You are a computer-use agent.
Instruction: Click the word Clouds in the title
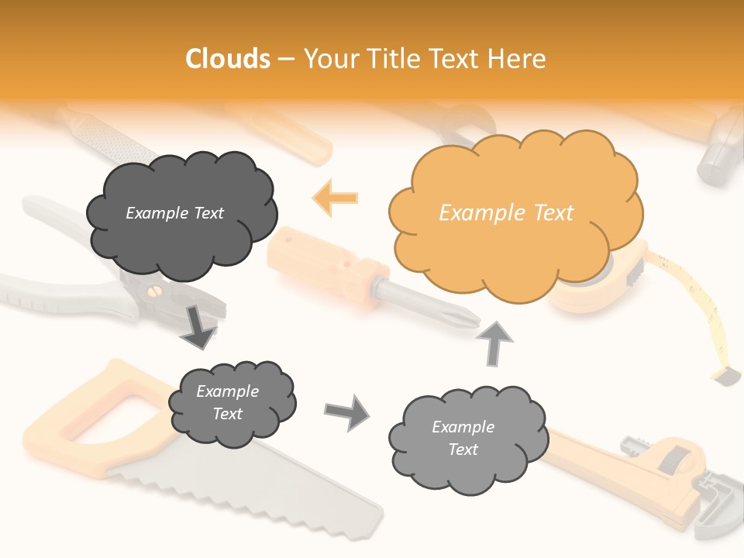pos(228,59)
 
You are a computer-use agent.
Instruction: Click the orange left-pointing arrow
pos(336,197)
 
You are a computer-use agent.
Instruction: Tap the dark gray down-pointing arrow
pos(198,325)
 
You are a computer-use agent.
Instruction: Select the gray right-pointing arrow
pos(347,412)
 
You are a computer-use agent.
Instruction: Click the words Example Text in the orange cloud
pos(506,213)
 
